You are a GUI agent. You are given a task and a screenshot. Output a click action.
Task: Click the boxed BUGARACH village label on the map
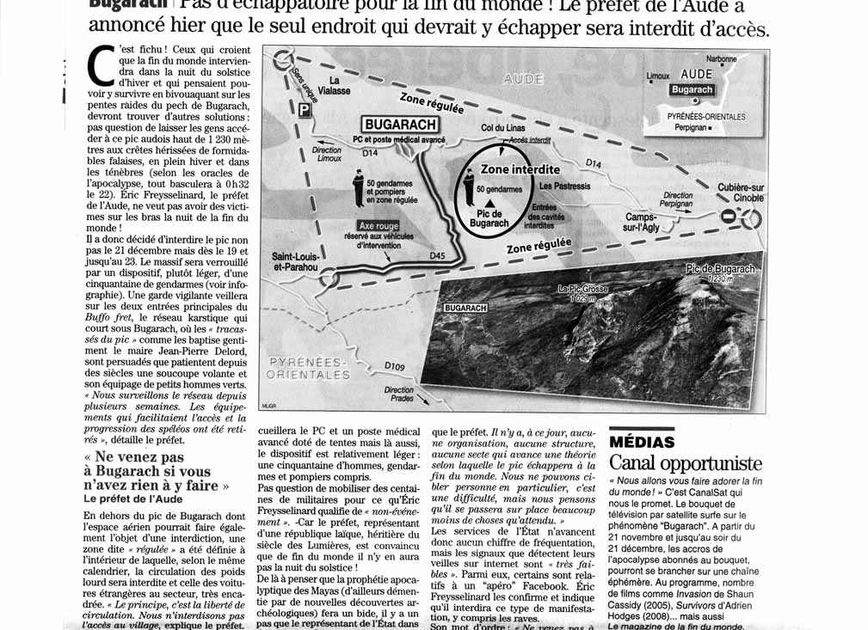pyautogui.click(x=401, y=125)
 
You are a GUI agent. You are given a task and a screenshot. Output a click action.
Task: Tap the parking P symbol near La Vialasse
pyautogui.click(x=304, y=110)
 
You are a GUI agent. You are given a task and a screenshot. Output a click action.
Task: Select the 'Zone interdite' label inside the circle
pyautogui.click(x=520, y=169)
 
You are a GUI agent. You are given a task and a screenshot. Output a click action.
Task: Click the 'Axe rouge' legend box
pyautogui.click(x=379, y=225)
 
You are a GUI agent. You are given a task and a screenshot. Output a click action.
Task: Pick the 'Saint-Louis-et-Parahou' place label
pyautogui.click(x=295, y=261)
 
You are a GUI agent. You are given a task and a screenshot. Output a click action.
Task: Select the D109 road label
pyautogui.click(x=395, y=367)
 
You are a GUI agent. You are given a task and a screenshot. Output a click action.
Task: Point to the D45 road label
pyautogui.click(x=437, y=255)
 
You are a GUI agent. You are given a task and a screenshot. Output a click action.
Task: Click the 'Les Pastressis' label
pyautogui.click(x=564, y=186)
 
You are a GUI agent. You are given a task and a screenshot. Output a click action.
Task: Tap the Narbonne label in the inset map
pyautogui.click(x=721, y=58)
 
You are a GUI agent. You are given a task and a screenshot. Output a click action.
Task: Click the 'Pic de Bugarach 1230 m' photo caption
pyautogui.click(x=720, y=272)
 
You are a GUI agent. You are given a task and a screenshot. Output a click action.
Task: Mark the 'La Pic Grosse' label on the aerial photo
pyautogui.click(x=582, y=293)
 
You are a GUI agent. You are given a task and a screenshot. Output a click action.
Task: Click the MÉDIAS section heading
pyautogui.click(x=642, y=442)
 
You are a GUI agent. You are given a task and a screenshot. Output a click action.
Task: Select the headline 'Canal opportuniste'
pyautogui.click(x=685, y=464)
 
